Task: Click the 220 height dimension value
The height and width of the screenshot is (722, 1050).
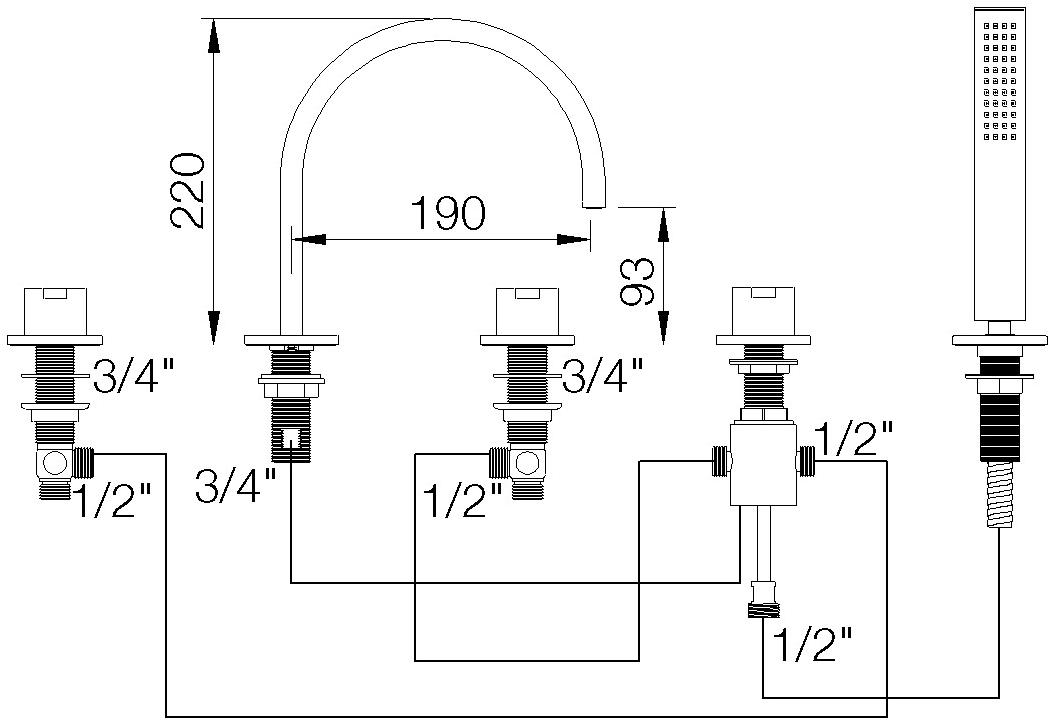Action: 188,190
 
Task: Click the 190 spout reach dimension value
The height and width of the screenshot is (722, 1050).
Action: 447,213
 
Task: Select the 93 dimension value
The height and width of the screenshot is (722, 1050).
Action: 636,281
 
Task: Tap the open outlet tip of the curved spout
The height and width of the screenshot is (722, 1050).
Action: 594,205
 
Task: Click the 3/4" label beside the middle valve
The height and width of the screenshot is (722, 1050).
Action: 602,377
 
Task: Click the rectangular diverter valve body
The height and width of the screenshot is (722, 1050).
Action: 762,463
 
